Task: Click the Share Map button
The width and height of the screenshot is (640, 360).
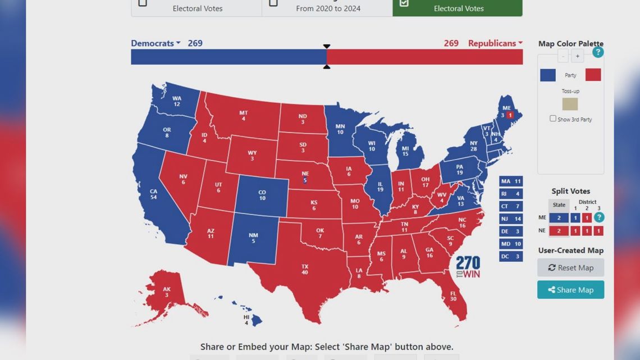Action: pos(570,290)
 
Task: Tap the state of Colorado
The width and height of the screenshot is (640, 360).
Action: pos(262,195)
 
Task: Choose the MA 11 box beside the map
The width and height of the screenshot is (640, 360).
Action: pos(511,181)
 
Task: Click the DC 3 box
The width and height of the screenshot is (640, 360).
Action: pos(511,257)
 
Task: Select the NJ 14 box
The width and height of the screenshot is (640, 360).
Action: pos(511,219)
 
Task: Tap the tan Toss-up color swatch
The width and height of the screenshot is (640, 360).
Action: pos(570,104)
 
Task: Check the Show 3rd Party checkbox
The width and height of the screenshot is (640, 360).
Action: pos(553,119)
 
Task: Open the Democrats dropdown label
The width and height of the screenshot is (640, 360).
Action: pos(156,43)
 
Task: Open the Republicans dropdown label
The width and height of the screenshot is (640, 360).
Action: pos(495,43)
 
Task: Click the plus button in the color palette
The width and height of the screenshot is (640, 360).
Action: pos(578,56)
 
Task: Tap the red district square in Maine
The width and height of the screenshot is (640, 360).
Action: pos(510,115)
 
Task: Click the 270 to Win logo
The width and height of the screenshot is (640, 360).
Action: pos(468,267)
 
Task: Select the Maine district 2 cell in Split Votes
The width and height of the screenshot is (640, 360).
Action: pos(587,218)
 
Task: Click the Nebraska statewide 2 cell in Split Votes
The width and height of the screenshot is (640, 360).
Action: pos(559,231)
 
